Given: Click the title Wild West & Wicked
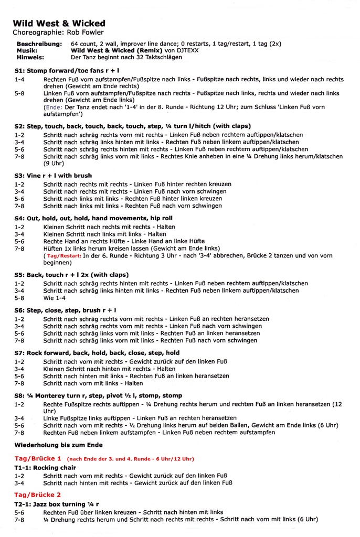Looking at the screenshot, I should pyautogui.click(x=59, y=24).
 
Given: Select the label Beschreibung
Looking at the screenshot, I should pyautogui.click(x=39, y=44).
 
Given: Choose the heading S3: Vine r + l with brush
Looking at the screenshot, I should pyautogui.click(x=53, y=176).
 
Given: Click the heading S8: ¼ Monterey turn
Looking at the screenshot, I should pyautogui.click(x=98, y=395).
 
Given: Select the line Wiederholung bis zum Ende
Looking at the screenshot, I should pyautogui.click(x=58, y=445).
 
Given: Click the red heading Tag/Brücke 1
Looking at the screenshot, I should pyautogui.click(x=37, y=458).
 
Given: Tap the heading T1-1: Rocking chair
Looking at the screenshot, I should pyautogui.click(x=45, y=468).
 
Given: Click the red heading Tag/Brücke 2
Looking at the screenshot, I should pyautogui.click(x=37, y=495).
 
